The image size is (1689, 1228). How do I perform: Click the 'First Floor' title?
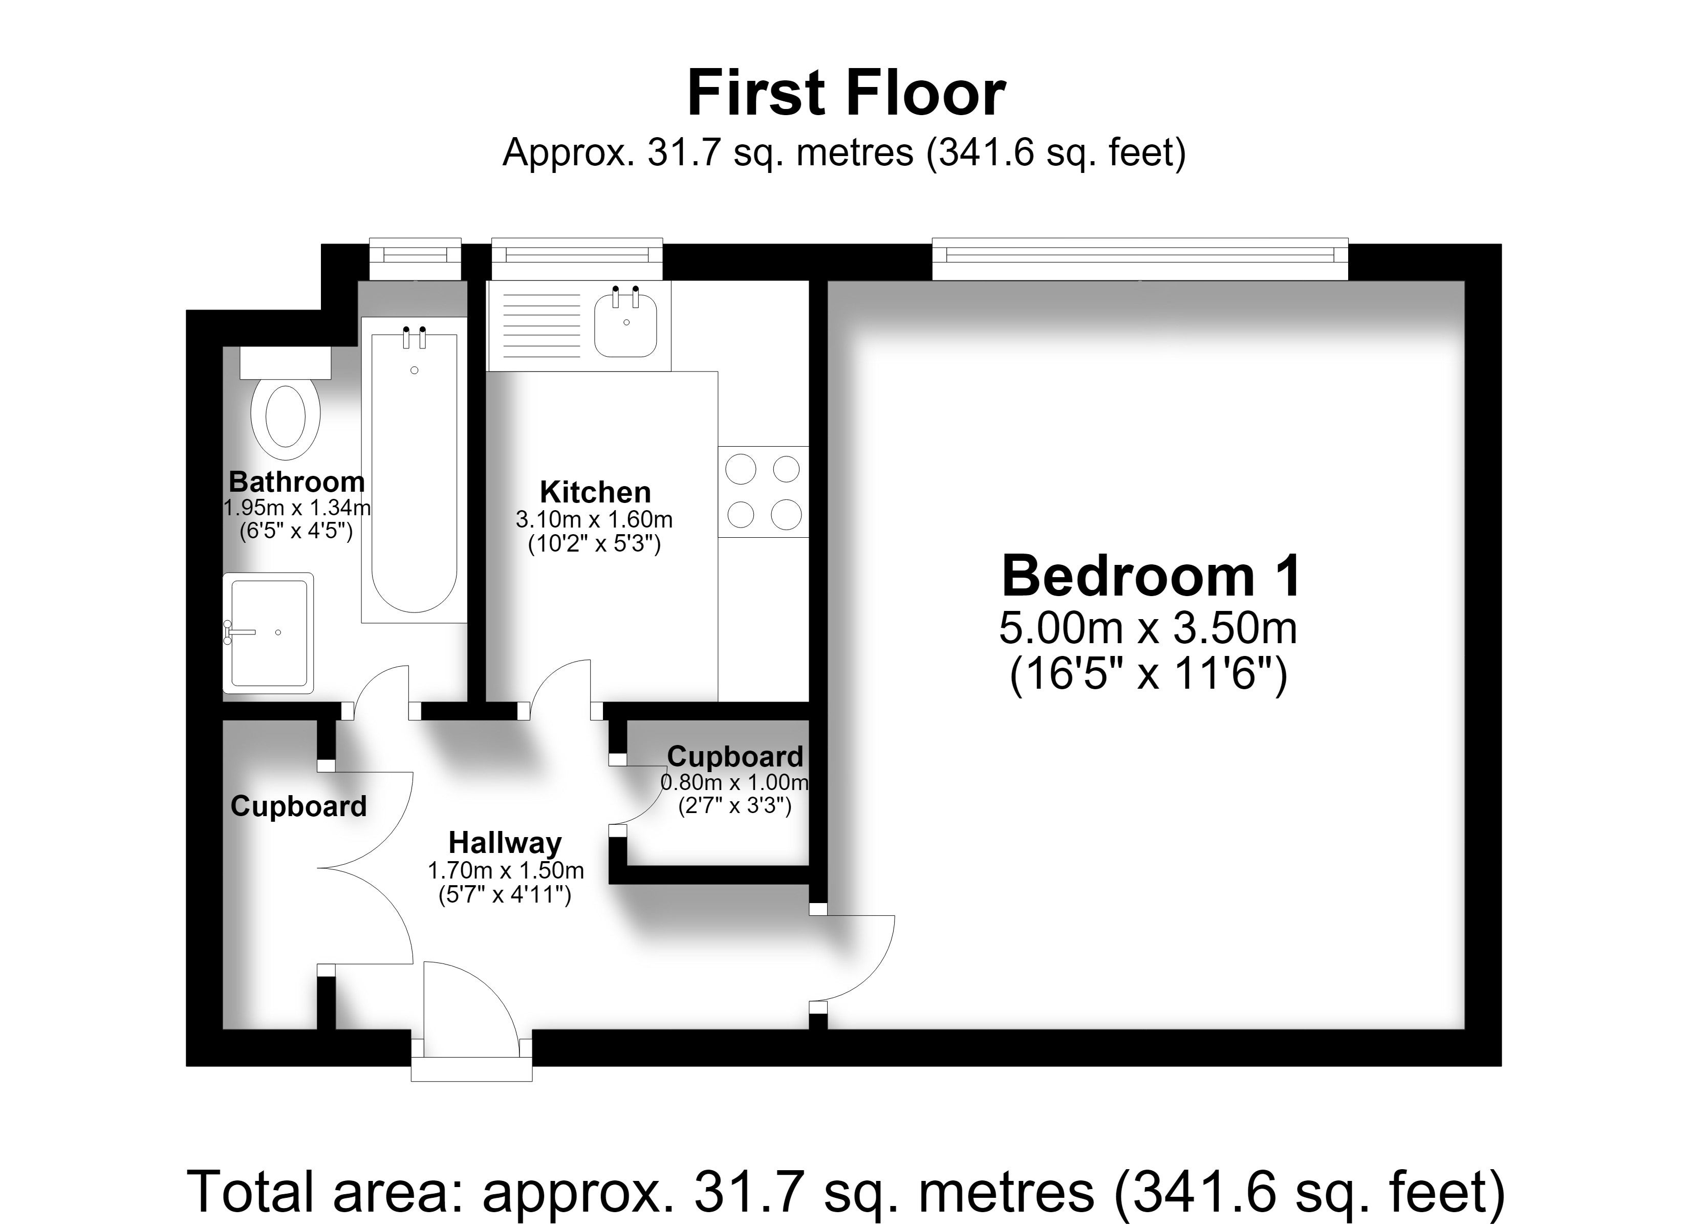(x=846, y=93)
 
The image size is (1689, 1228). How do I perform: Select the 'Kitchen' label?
(x=595, y=492)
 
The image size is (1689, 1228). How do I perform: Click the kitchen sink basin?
(x=625, y=325)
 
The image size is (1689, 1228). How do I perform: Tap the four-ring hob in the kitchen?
(x=763, y=492)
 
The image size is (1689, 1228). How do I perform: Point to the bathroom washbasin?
(x=268, y=633)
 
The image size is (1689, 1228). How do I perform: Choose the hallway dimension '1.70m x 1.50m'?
(x=506, y=870)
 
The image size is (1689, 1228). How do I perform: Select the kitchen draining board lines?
(x=542, y=325)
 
